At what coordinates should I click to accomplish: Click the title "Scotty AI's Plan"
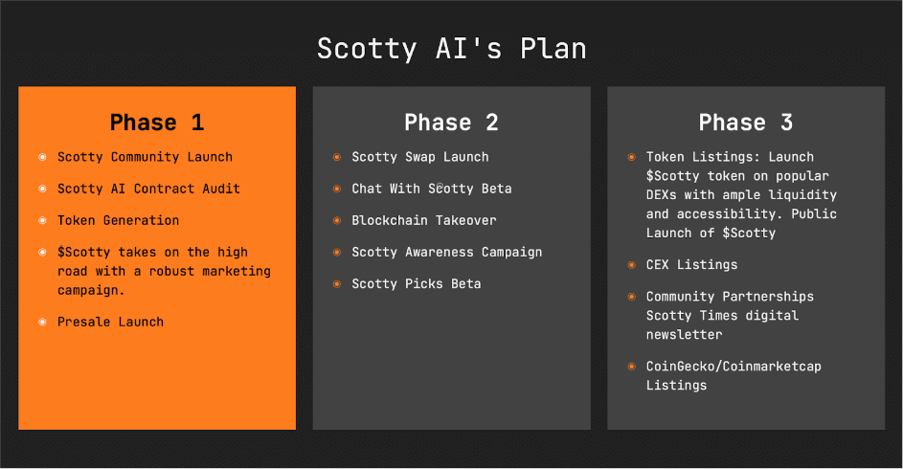click(451, 49)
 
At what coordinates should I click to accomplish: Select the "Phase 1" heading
click(157, 123)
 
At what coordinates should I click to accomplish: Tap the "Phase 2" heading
click(451, 123)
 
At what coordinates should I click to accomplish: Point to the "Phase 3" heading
click(745, 123)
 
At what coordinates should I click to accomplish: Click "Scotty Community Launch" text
click(145, 157)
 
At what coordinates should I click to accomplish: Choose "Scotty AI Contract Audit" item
click(148, 189)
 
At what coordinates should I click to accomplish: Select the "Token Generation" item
click(118, 220)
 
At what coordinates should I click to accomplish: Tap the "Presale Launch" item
click(110, 322)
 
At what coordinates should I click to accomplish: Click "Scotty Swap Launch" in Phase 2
click(419, 157)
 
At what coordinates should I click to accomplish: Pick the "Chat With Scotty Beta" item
click(431, 189)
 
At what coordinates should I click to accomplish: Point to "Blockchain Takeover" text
click(423, 220)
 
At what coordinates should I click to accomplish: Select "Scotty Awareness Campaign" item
click(446, 252)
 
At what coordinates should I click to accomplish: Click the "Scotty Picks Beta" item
click(416, 283)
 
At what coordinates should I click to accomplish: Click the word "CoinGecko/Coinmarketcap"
click(734, 367)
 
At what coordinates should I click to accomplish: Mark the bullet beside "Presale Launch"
click(42, 322)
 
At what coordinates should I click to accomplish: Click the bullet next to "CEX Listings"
click(631, 264)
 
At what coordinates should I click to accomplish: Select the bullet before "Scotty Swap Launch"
click(336, 157)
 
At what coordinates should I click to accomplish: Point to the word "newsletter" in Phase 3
click(684, 335)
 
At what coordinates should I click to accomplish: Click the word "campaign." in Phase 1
click(92, 290)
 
